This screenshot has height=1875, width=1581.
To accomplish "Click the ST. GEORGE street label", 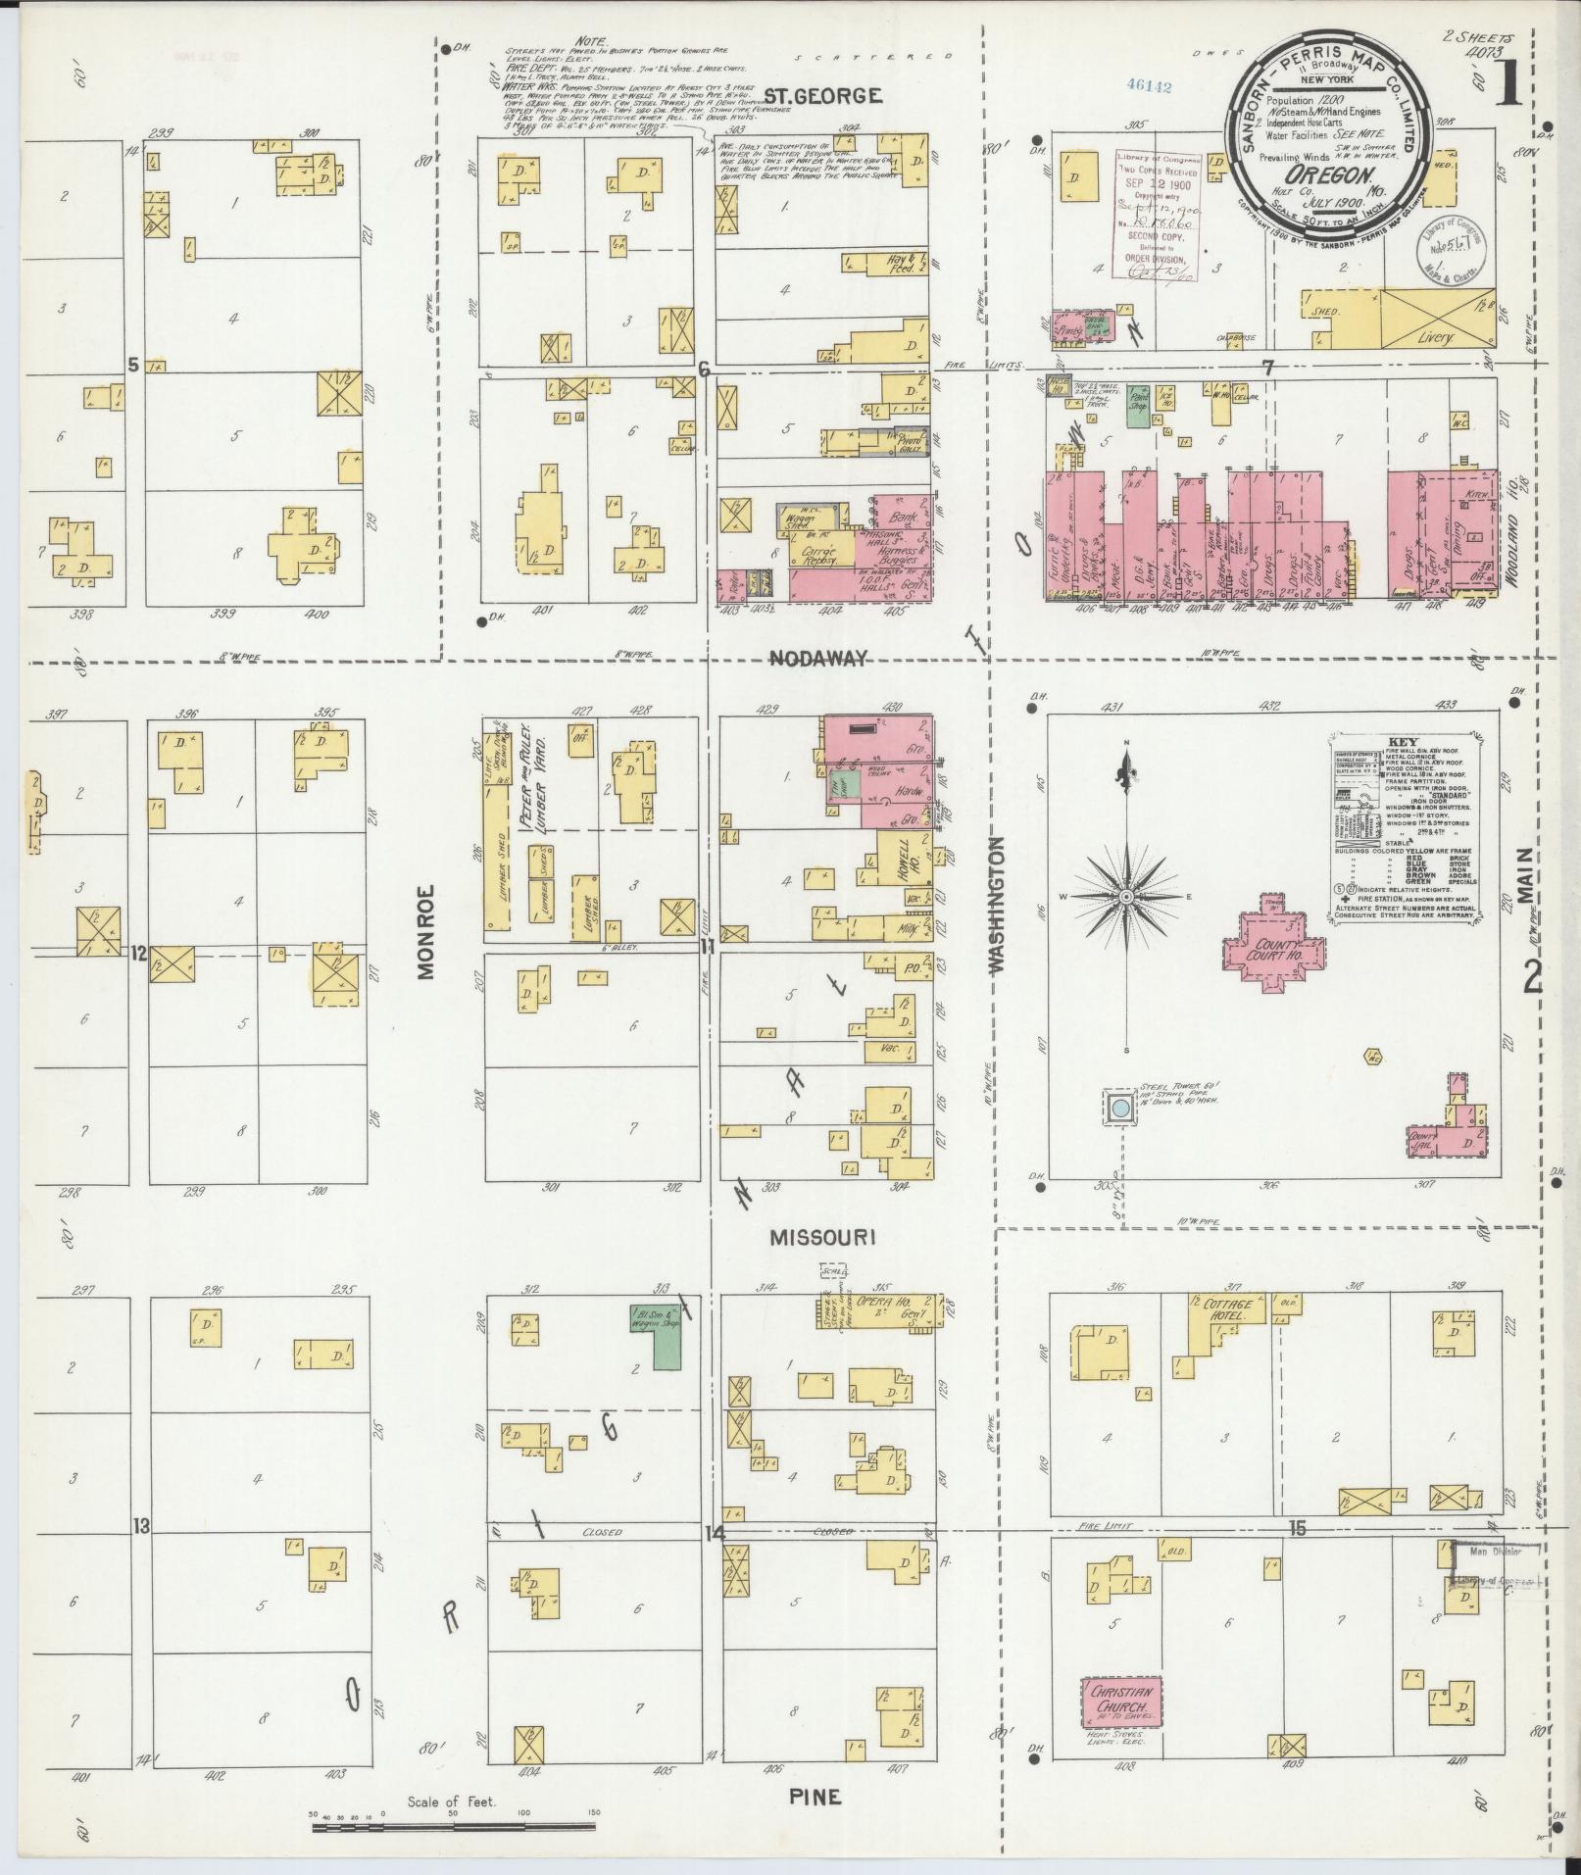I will (822, 96).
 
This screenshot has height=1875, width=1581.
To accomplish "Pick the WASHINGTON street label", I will (997, 905).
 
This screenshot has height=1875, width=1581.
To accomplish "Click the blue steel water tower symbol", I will (1118, 1110).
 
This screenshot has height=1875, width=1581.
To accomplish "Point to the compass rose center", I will (1126, 897).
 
